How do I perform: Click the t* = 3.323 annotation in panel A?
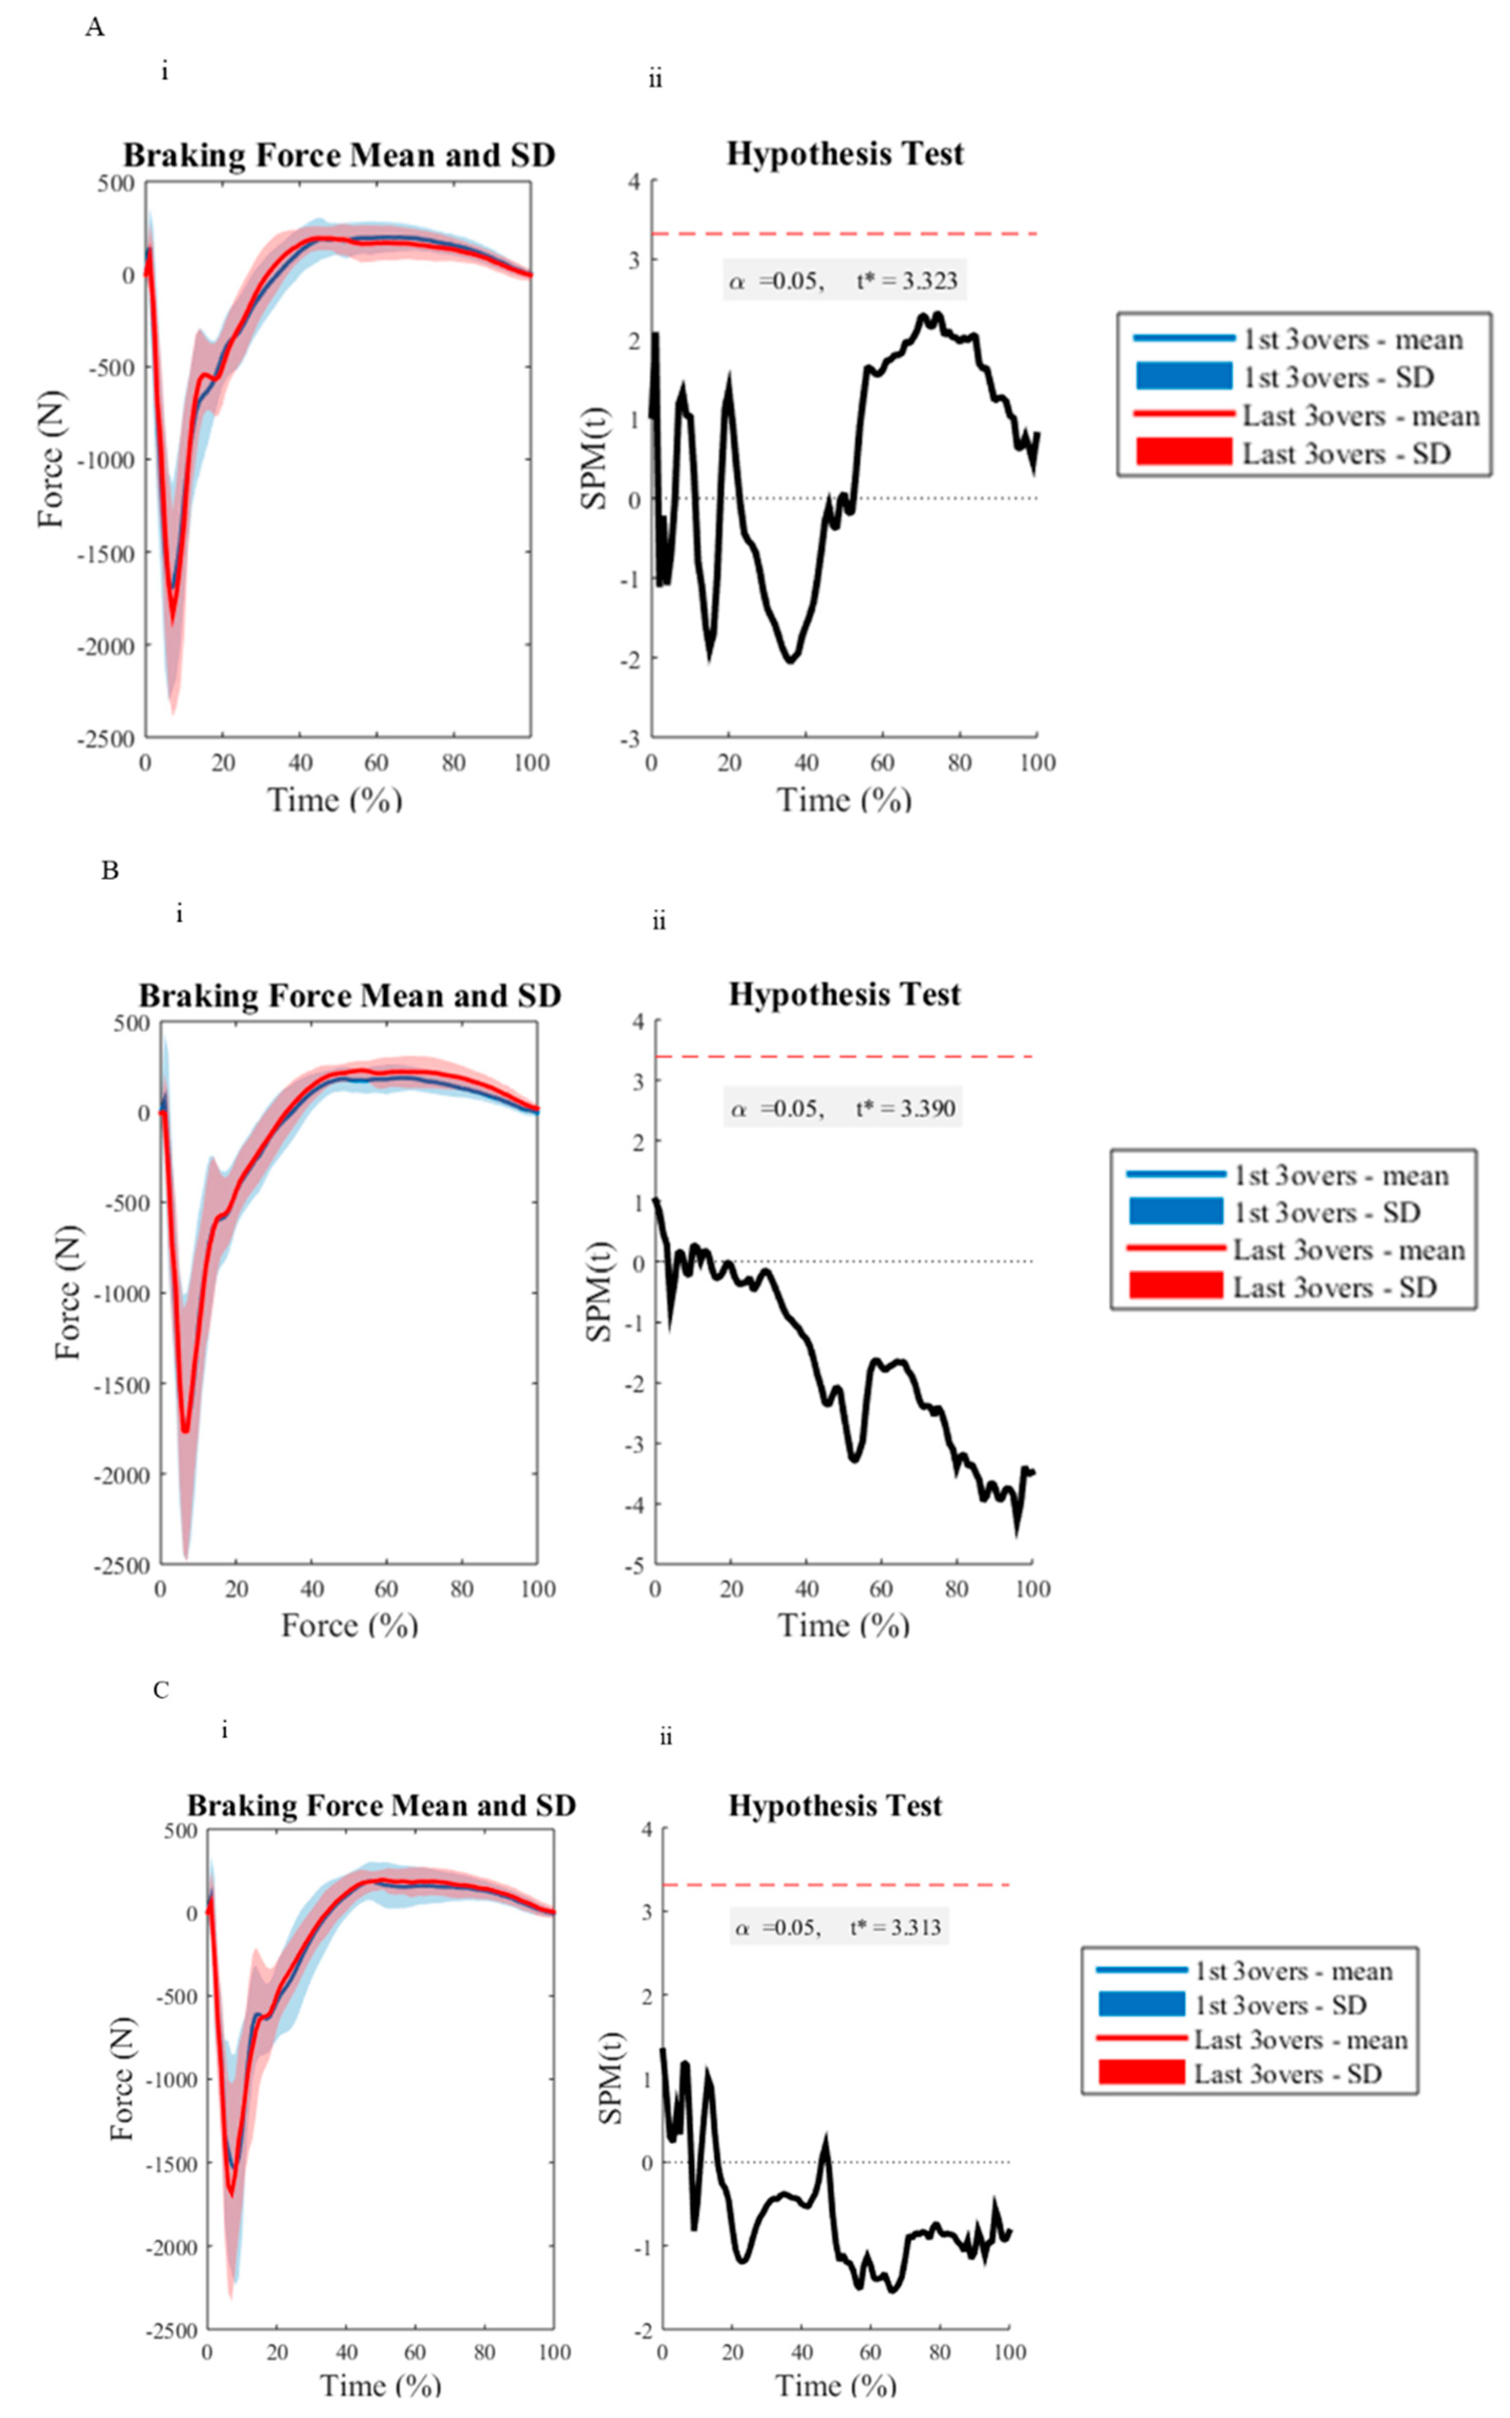pyautogui.click(x=906, y=281)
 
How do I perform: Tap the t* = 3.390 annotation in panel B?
pyautogui.click(x=905, y=1108)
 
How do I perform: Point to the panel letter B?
pyautogui.click(x=110, y=871)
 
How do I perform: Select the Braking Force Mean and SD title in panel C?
pyautogui.click(x=381, y=1806)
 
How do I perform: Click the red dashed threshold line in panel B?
pyautogui.click(x=844, y=1056)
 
